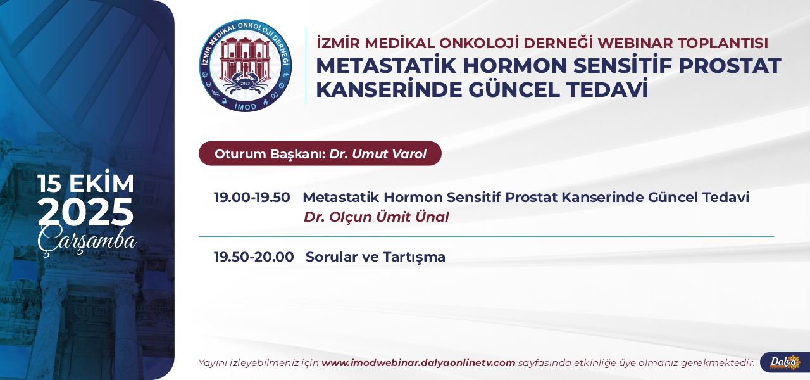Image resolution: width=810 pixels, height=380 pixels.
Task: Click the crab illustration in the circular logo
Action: (245, 83)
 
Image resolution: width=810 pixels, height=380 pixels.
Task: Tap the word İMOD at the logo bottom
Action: (246, 106)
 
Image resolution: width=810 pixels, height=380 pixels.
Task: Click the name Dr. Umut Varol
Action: (378, 154)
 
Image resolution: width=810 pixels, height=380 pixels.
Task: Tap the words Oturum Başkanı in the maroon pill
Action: (270, 154)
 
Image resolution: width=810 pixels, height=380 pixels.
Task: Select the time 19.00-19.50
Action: (252, 197)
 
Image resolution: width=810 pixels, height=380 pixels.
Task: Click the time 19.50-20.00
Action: (254, 256)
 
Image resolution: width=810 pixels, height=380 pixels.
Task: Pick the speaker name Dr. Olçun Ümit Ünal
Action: (376, 217)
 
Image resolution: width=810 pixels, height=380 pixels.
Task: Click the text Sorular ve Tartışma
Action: (375, 257)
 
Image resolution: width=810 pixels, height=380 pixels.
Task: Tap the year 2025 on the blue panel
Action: (85, 212)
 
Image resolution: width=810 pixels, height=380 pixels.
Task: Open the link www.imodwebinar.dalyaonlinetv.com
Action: (418, 363)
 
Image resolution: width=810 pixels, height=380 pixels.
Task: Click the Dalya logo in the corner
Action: (785, 362)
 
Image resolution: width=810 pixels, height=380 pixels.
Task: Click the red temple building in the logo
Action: (245, 58)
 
